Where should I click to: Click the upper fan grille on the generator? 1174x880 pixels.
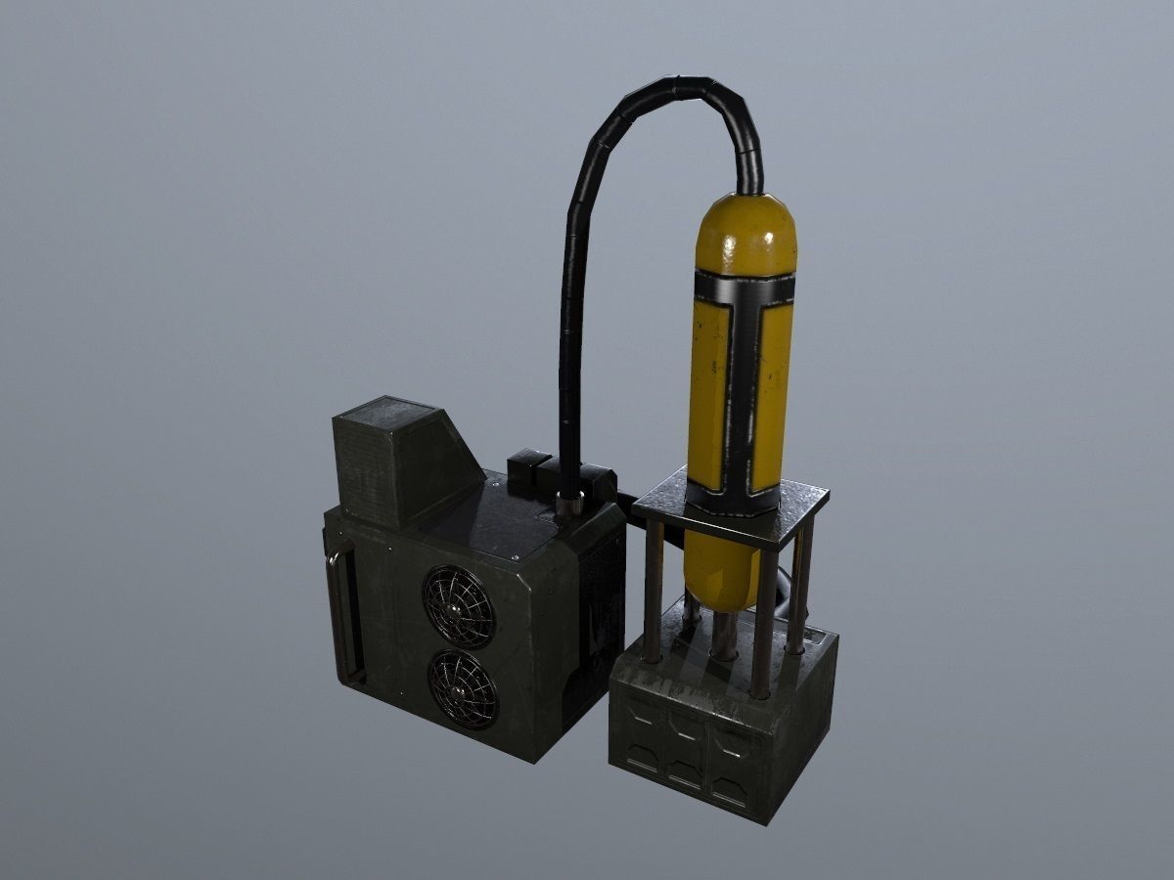pos(458,606)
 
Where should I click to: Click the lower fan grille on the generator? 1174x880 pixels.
pos(463,688)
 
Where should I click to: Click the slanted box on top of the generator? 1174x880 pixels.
pos(401,460)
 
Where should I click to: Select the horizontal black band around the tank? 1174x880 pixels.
pos(744,288)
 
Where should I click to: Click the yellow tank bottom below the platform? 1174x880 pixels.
pos(719,572)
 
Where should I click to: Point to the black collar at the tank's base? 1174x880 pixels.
pos(734,499)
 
